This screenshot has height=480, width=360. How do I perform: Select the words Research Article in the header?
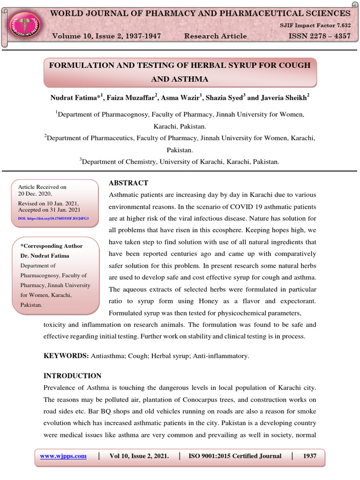215,36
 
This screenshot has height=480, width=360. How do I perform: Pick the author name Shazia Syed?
226,97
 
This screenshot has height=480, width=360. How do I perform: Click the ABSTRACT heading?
128,183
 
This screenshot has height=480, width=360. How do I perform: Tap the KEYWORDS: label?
66,356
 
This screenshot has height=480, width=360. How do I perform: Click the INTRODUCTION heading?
72,375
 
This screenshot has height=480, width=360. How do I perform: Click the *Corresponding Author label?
52,246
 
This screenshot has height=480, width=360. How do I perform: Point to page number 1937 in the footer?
309,456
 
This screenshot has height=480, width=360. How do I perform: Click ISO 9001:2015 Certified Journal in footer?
235,456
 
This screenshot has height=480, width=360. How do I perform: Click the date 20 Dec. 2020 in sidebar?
35,193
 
